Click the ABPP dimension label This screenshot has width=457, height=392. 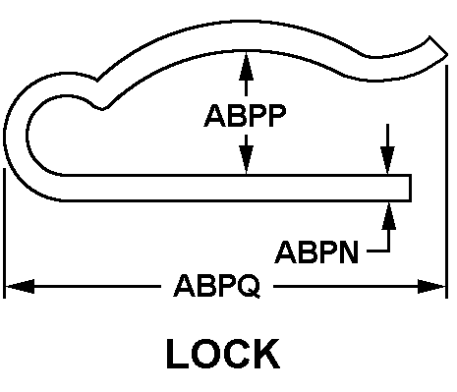[245, 116]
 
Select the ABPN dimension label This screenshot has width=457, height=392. [316, 252]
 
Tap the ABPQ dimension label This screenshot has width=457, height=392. [217, 286]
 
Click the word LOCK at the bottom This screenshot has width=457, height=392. [223, 354]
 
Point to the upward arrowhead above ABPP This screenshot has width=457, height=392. [246, 66]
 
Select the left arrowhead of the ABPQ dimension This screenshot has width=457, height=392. [20, 287]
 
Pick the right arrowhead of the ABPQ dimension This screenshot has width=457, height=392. [431, 287]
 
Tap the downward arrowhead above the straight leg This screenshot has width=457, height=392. [387, 160]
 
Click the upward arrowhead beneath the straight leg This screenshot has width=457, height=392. [389, 216]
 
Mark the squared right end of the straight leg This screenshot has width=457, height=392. [410, 188]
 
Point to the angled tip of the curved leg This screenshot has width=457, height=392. [438, 46]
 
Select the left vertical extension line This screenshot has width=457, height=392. [4, 233]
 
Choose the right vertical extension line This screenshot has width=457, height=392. [446, 182]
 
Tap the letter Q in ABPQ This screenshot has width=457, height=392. [249, 286]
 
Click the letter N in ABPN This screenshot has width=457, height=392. [348, 252]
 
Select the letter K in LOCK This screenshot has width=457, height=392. [267, 354]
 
